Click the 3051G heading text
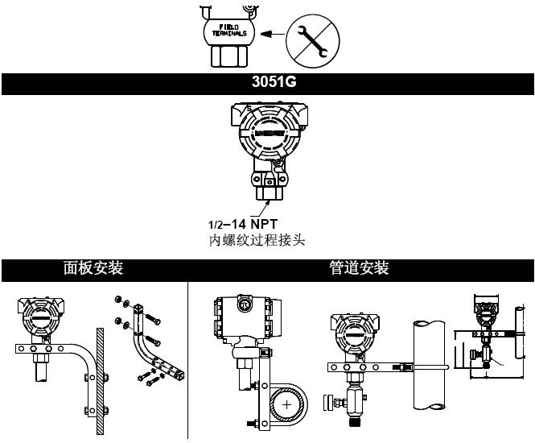click(267, 82)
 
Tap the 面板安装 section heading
click(93, 268)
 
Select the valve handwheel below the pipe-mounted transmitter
click(328, 401)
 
